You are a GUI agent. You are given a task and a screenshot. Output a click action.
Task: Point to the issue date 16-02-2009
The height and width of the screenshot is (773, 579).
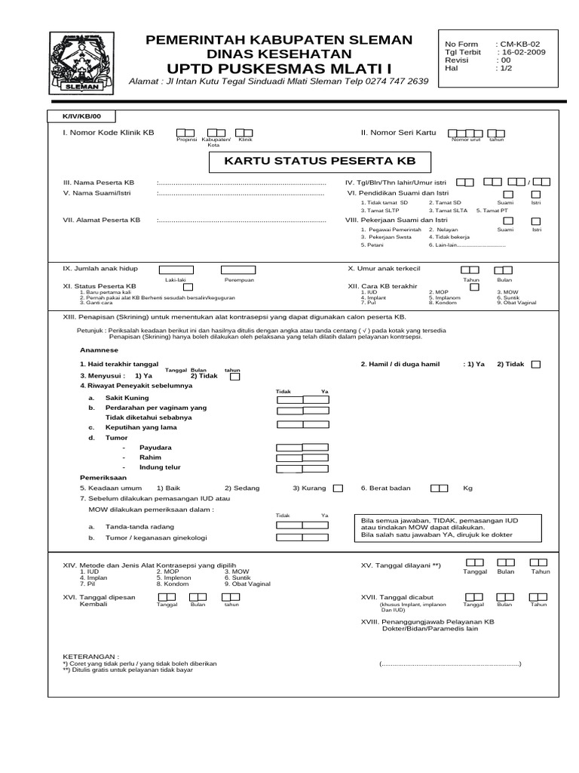(520, 52)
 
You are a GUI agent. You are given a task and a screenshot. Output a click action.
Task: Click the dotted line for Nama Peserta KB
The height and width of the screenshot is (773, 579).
(241, 183)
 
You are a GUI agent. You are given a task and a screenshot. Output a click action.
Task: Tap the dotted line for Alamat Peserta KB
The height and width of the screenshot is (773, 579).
(241, 220)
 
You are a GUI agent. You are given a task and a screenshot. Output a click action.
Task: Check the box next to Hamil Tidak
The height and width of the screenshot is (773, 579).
(535, 364)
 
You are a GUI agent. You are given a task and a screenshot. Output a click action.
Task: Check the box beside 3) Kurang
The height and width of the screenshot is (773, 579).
(338, 488)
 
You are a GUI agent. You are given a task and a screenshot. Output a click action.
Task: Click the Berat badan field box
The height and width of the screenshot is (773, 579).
(437, 488)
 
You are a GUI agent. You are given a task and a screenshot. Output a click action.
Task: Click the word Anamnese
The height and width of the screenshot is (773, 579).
(99, 350)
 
